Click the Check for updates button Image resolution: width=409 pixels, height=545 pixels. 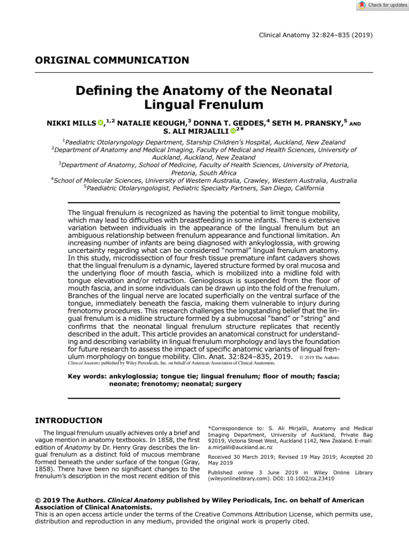click(x=382, y=5)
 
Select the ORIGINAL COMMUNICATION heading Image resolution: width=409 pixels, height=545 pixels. click(x=112, y=60)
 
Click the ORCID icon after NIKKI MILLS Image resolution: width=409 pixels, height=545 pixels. click(x=101, y=123)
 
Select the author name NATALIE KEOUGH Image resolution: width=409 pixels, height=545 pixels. click(x=151, y=123)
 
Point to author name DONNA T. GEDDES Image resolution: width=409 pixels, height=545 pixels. click(x=229, y=123)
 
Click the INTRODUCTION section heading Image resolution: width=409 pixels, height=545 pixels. click(x=68, y=420)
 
